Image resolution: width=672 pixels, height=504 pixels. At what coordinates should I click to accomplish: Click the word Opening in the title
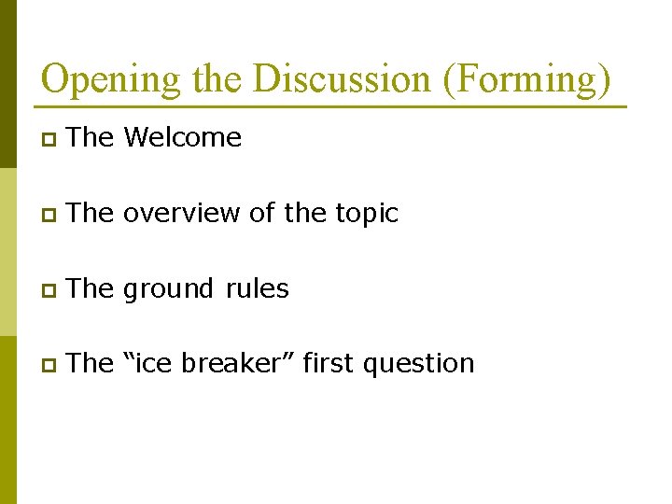click(x=110, y=79)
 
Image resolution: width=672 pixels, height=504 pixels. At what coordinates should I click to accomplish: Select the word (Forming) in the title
click(x=527, y=79)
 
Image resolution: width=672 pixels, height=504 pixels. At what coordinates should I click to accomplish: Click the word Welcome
click(x=182, y=138)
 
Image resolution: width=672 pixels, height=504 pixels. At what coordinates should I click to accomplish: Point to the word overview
click(x=182, y=214)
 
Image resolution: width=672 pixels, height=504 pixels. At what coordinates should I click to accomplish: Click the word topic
click(x=365, y=214)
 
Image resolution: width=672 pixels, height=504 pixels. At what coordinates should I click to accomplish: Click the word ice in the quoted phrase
click(x=153, y=363)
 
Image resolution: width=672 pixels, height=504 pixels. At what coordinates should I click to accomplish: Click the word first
click(x=329, y=363)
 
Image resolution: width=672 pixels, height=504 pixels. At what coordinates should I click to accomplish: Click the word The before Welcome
click(x=90, y=138)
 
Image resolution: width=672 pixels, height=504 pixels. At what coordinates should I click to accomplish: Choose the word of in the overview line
click(x=262, y=214)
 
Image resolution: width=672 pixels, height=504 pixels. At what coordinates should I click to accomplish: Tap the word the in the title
click(x=217, y=79)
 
